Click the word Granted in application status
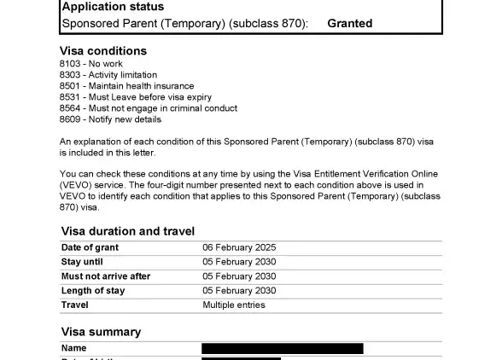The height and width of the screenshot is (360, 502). tap(349, 24)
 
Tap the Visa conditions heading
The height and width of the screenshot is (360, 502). tap(103, 51)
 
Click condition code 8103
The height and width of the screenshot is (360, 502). tap(71, 64)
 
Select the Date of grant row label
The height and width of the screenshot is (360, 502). tap(90, 247)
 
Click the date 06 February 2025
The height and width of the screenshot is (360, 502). tap(239, 247)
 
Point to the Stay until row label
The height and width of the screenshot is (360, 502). tap(82, 262)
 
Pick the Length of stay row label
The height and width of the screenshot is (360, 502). tap(93, 291)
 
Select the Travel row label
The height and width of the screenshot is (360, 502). tap(75, 305)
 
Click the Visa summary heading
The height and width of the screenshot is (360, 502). tap(101, 332)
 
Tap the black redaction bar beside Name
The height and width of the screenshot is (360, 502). tap(282, 348)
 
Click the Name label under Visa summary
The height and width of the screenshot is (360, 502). tap(74, 348)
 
